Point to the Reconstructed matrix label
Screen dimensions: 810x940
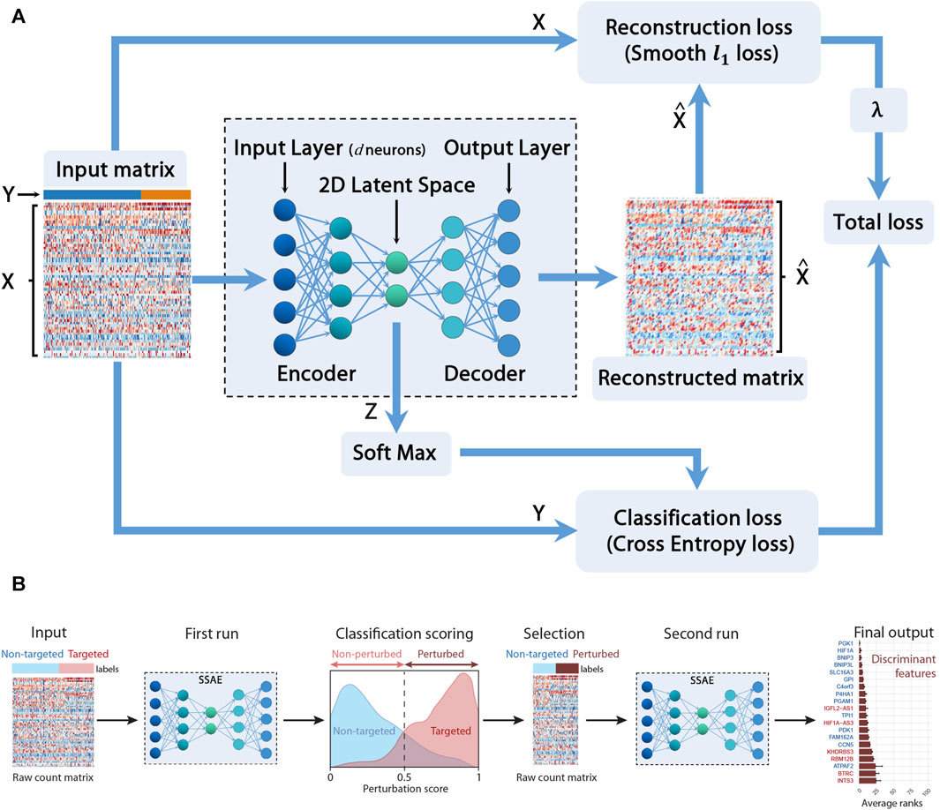[701, 378]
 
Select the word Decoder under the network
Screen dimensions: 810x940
[483, 374]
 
